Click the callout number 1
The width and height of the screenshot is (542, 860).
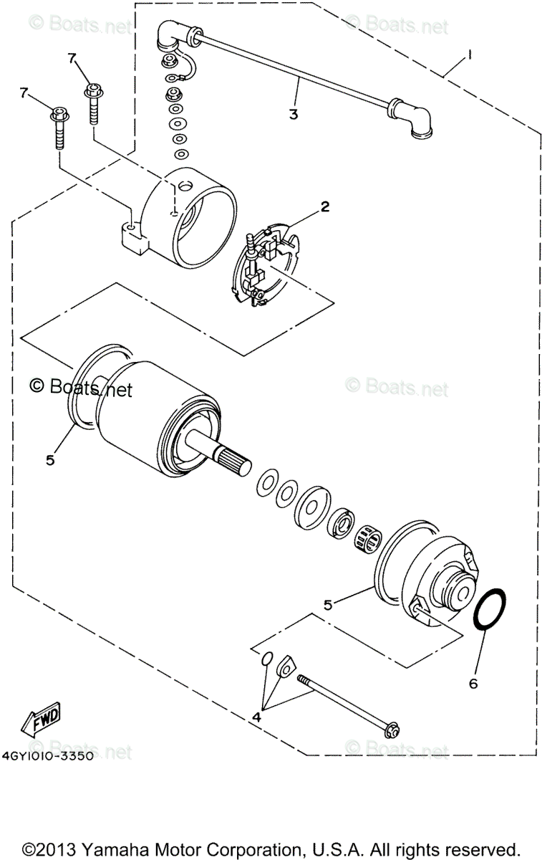(470, 54)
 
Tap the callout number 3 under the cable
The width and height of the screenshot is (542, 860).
(294, 114)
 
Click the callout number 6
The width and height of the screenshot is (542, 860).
(473, 684)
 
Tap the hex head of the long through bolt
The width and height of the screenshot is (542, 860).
(392, 730)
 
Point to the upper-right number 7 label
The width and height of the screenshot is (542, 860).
(72, 58)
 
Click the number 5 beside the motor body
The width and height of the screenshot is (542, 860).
(50, 460)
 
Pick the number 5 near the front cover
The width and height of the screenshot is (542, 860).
(328, 605)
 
